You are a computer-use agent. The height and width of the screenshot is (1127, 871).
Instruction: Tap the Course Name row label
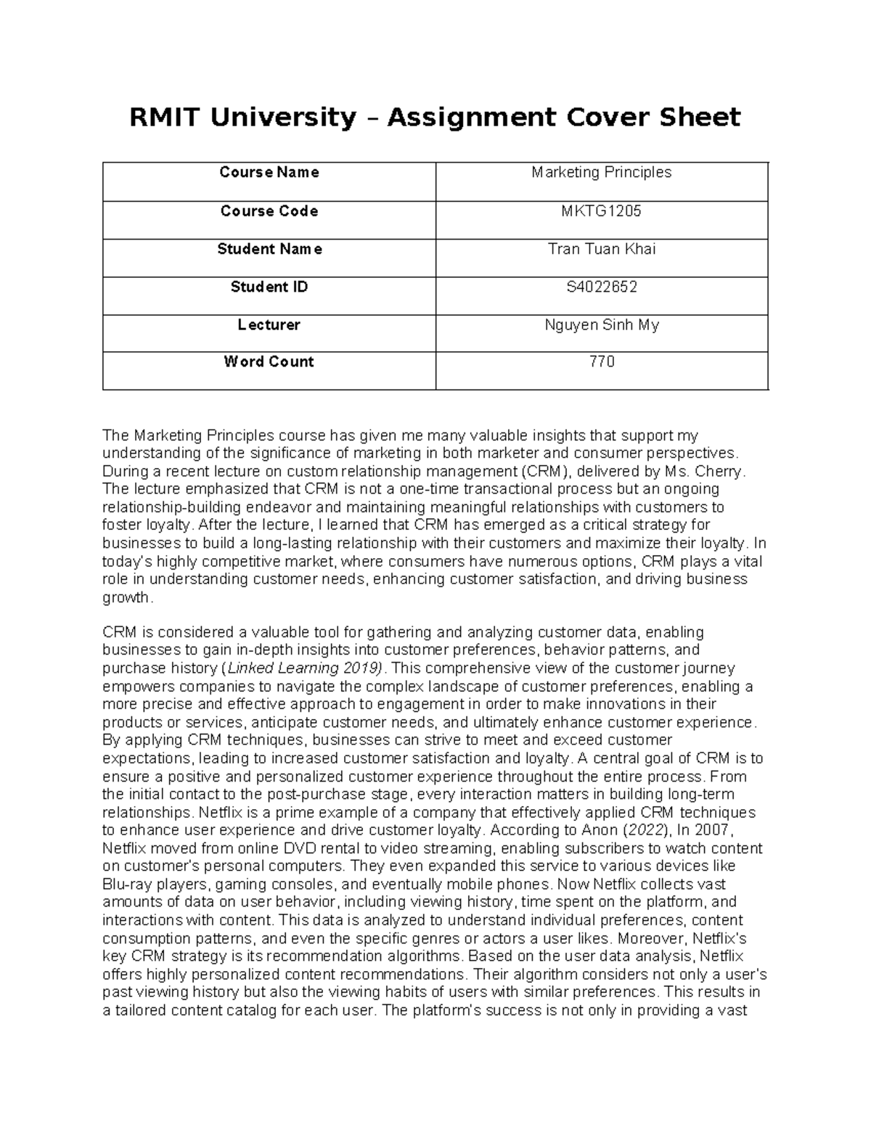click(269, 173)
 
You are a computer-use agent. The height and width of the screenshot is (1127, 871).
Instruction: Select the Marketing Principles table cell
click(602, 173)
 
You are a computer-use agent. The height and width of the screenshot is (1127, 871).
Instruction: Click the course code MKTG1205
click(602, 211)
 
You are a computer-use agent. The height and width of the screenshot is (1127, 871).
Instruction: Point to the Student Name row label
click(269, 249)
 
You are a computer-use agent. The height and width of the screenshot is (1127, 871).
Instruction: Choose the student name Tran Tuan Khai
click(602, 249)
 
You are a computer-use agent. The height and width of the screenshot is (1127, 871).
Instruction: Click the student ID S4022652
click(602, 287)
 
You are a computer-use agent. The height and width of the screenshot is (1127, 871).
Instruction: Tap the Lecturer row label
click(269, 324)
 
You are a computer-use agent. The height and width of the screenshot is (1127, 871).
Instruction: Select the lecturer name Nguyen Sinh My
click(602, 324)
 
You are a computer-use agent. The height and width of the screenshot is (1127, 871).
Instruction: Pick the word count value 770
click(602, 361)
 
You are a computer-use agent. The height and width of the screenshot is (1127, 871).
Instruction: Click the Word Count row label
click(269, 361)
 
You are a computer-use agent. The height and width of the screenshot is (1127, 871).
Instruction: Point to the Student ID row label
click(269, 287)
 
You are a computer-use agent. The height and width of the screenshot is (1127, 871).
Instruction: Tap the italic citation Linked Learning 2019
click(303, 668)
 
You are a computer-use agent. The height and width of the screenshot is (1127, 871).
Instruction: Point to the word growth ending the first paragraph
click(126, 597)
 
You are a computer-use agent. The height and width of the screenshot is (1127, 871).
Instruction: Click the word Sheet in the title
click(705, 117)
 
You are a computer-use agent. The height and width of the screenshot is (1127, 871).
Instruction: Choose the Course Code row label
click(269, 211)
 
